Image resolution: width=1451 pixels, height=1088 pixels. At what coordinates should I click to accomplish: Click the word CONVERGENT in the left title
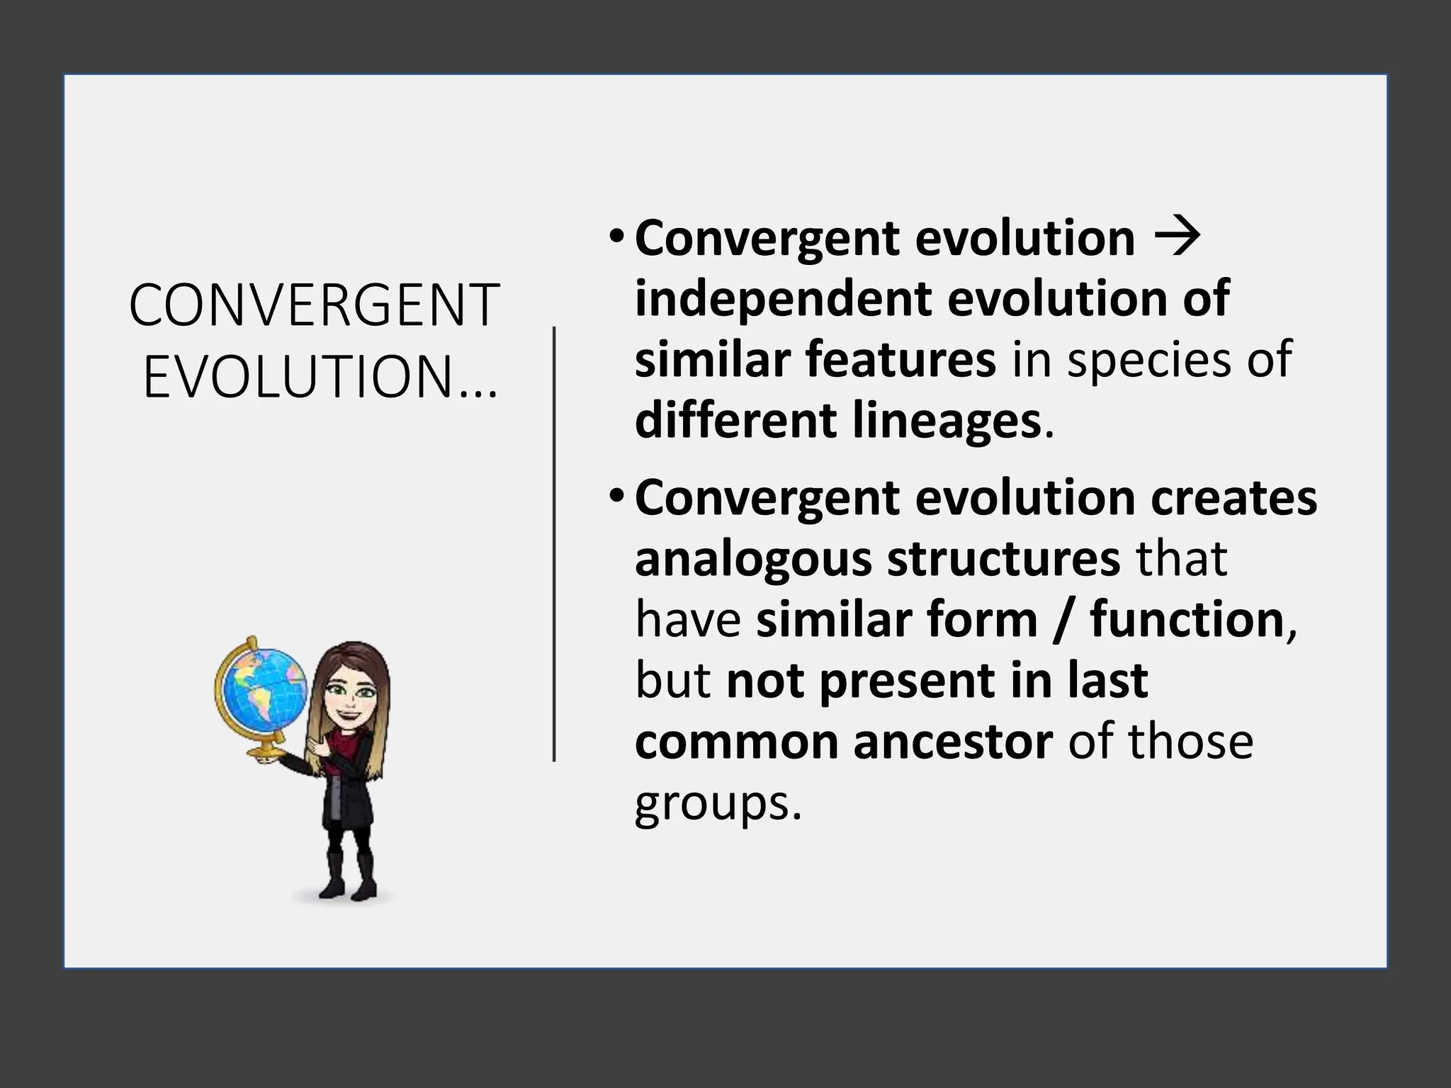(x=315, y=305)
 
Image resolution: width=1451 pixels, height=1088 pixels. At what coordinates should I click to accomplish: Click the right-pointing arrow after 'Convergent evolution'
(x=1177, y=238)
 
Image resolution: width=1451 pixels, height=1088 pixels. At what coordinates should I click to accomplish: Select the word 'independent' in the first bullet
(x=781, y=299)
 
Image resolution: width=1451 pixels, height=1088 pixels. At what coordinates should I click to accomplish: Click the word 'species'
(x=1148, y=359)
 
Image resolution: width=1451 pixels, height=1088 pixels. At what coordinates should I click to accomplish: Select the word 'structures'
(x=1003, y=560)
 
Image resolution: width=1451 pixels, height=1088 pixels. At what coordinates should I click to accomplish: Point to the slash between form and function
(x=1063, y=620)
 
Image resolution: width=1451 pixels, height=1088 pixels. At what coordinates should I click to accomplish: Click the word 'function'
(x=1187, y=620)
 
